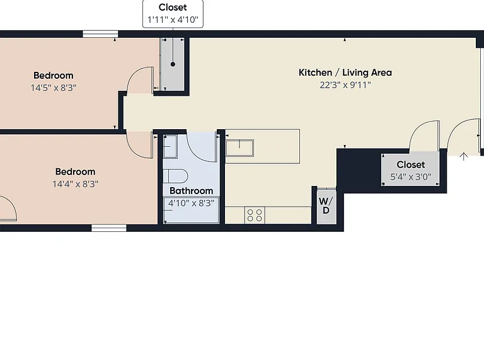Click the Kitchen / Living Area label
coord(345,72)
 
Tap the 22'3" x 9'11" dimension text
coord(345,85)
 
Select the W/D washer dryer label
coord(326,205)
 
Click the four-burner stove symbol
coord(255,215)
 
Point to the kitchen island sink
coord(239,148)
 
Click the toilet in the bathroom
coord(175,176)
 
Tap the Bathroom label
coord(192,191)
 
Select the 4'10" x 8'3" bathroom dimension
coord(191,203)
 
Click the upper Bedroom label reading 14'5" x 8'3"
coord(54,76)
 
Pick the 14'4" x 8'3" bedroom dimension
coord(76,184)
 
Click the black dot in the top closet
coord(173,64)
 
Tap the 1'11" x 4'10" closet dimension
coord(173,20)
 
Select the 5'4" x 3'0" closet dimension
coord(411,177)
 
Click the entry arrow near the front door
coord(464,156)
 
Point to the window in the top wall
coord(100,34)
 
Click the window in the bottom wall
coord(109,228)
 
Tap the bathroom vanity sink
coord(170,147)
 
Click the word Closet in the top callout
coord(173,8)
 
